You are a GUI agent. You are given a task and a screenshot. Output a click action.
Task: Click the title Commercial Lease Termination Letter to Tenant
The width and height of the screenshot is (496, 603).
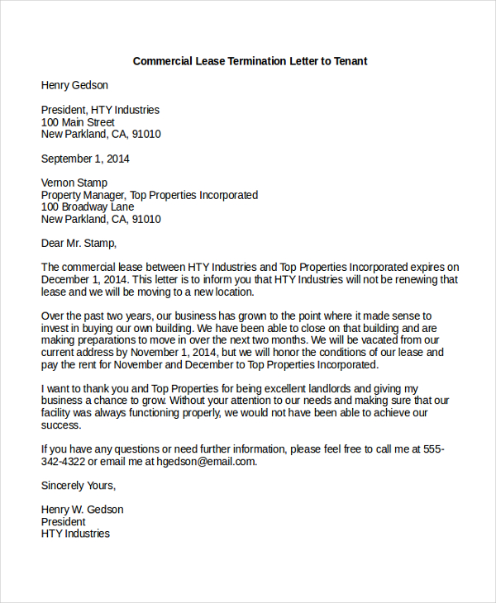coord(250,61)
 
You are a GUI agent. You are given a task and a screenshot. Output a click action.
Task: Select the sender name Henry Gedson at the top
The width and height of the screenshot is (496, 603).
coord(74,85)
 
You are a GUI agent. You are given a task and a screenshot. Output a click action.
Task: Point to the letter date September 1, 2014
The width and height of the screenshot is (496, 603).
coord(85,159)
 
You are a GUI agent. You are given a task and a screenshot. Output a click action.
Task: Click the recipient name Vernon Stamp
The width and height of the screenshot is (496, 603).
coord(74,183)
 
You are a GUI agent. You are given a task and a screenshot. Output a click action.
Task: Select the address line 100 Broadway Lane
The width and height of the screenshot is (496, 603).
coord(87,207)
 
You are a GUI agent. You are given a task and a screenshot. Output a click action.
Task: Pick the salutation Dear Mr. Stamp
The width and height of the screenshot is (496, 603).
coord(79,243)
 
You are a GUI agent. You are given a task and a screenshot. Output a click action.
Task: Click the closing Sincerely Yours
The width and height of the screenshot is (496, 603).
coord(79,486)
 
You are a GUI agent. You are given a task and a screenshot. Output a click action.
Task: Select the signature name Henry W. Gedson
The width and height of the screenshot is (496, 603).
coord(82,510)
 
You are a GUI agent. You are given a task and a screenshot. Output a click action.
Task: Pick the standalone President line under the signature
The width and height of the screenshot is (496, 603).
coord(64,522)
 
